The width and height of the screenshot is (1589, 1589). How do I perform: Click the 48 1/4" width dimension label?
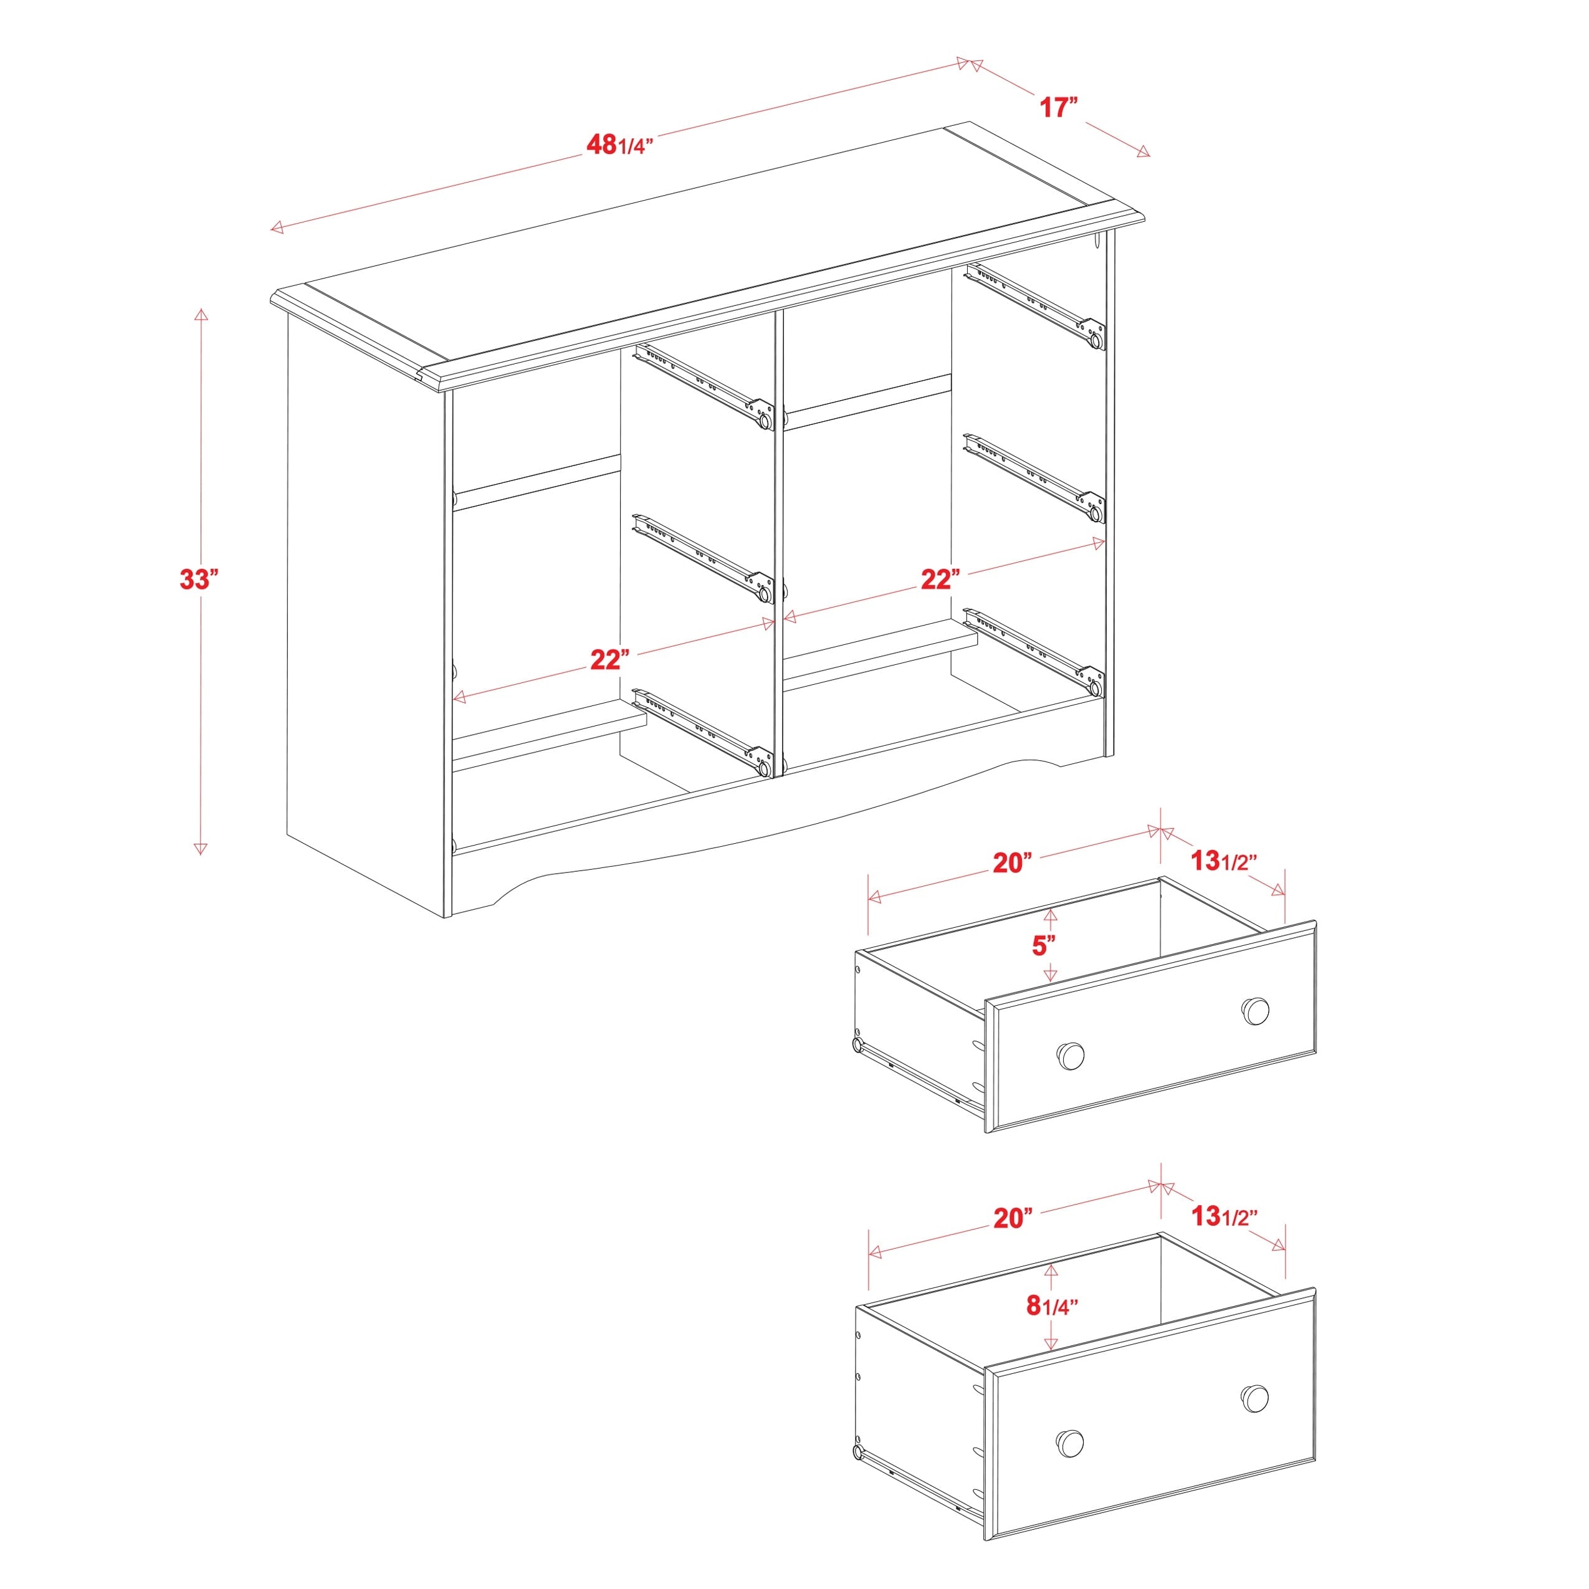tap(619, 145)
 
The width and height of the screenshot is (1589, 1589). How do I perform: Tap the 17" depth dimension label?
tap(1057, 107)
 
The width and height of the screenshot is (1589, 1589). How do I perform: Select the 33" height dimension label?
tap(198, 579)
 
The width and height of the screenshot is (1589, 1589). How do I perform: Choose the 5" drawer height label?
tap(1044, 946)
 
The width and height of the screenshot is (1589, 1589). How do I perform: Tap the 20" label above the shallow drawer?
tap(1011, 863)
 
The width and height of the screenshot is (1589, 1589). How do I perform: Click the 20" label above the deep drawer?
tap(1011, 1218)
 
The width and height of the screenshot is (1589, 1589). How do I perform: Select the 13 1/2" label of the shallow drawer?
tap(1224, 861)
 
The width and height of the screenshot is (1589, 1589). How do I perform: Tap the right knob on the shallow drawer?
tap(1255, 1011)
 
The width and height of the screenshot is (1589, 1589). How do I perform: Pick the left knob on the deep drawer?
tap(1069, 1441)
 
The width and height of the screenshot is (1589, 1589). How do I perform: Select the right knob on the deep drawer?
tap(1255, 1397)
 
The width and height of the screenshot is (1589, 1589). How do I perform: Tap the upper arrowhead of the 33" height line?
tap(200, 314)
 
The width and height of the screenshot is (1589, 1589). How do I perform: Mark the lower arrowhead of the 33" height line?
tap(200, 849)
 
